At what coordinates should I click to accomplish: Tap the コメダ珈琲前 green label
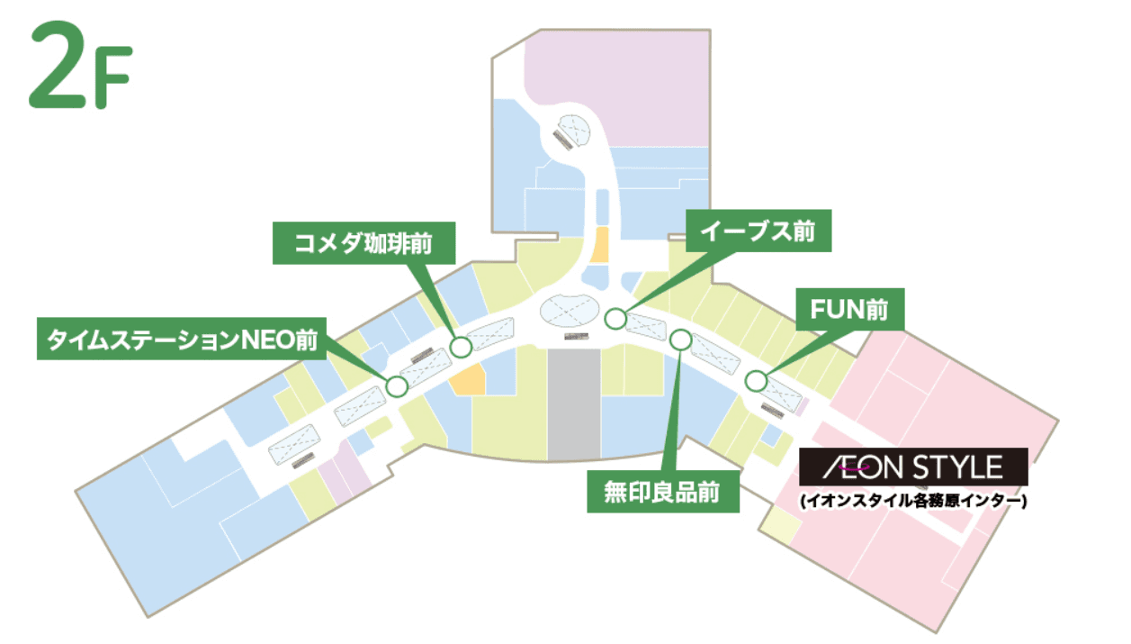[364, 242]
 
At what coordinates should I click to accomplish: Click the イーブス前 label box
[759, 231]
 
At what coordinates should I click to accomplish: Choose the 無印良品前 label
[663, 491]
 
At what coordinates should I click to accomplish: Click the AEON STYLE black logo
[914, 467]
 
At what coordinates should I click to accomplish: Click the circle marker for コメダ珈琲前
[461, 346]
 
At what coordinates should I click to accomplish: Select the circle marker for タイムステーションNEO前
[397, 386]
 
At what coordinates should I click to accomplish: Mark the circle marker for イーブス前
[615, 318]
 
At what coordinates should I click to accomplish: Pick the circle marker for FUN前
[756, 381]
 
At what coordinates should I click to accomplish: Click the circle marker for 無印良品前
[681, 340]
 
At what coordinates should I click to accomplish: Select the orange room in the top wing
[598, 244]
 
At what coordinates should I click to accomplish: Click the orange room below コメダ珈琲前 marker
[468, 380]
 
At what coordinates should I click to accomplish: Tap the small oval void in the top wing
[571, 131]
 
